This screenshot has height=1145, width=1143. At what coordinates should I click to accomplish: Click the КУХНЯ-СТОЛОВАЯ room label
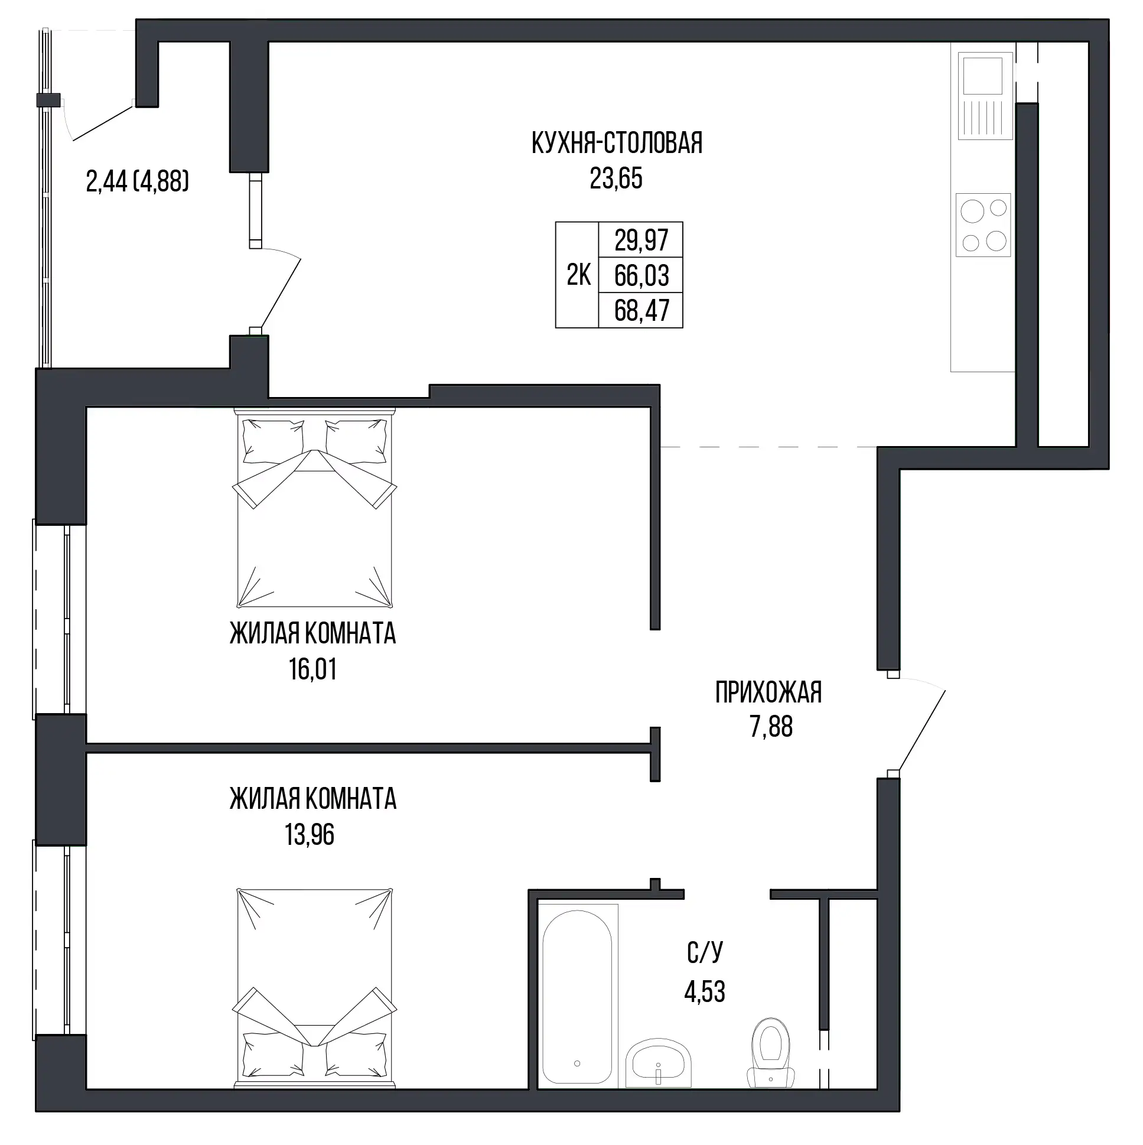pos(617,144)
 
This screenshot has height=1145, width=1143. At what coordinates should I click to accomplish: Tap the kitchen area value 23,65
pos(616,178)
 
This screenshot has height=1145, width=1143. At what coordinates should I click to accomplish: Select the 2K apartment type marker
pos(578,275)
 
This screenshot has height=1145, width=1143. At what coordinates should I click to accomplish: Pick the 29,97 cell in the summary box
pos(641,240)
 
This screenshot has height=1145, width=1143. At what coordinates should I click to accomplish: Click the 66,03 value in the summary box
pos(641,275)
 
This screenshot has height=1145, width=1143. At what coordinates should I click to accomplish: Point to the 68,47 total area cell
pos(641,311)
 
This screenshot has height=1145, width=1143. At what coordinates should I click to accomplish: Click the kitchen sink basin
pos(982,76)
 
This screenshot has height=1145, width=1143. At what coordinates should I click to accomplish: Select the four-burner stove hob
pos(983,225)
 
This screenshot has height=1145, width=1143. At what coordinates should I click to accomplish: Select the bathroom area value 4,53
pos(705,991)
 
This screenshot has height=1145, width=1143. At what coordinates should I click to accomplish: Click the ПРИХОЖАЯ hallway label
pos(768,692)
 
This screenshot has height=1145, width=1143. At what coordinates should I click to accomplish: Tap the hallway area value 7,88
pos(771,727)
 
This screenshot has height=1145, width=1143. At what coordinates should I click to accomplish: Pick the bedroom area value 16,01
pos(313,670)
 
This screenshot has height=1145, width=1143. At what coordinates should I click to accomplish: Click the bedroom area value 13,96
pos(310,835)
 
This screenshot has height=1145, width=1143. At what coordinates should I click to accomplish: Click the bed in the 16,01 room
pos(314,508)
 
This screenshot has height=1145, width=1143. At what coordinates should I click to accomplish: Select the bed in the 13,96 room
pos(314,989)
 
